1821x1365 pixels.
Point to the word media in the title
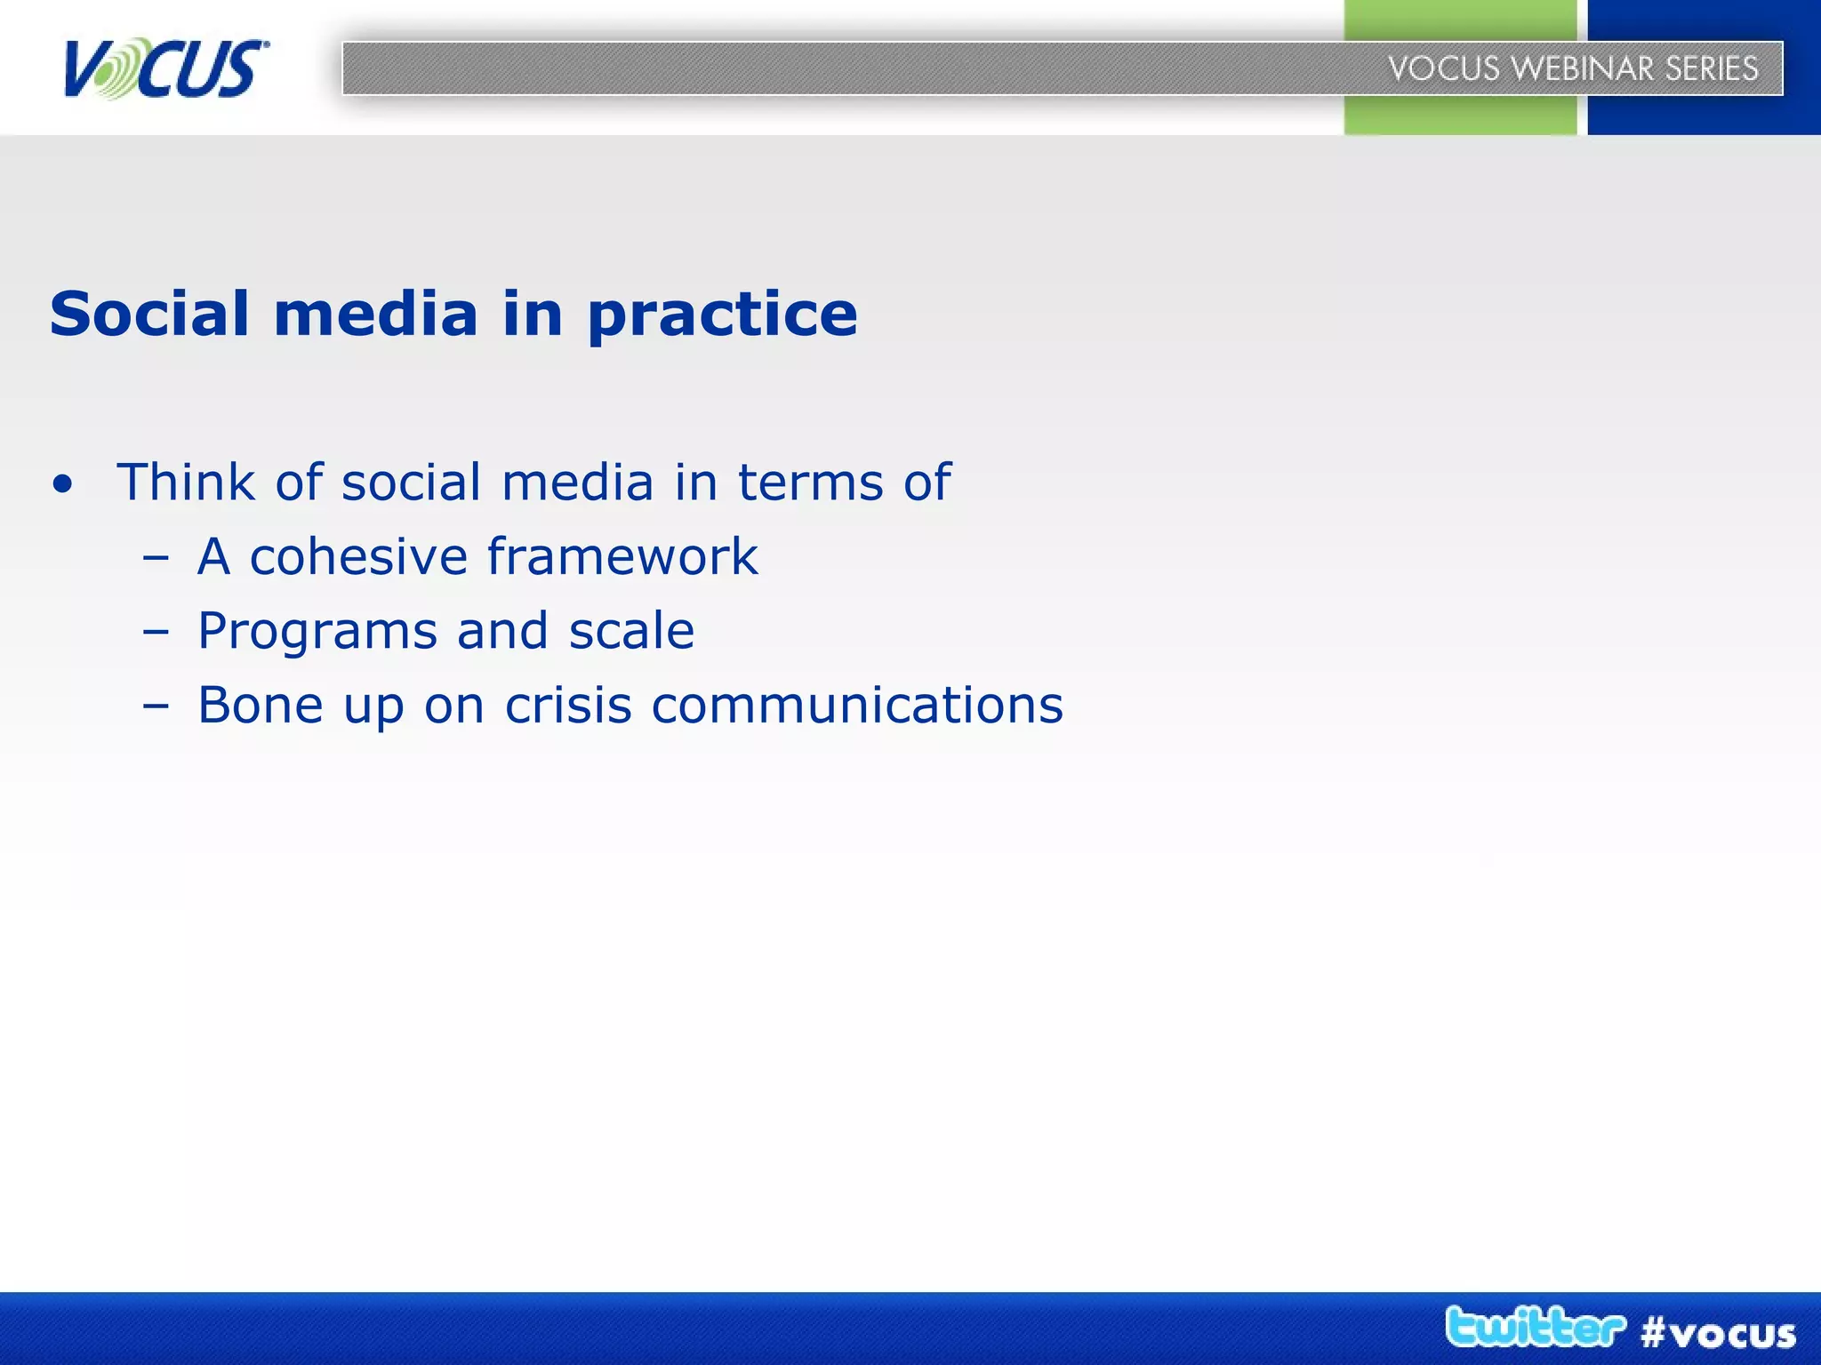pos(375,314)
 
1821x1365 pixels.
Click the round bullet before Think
pos(62,485)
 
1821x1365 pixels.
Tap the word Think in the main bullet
pos(186,482)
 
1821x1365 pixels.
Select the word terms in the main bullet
pos(810,483)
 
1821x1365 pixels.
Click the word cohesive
pos(358,557)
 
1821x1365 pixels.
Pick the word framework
pos(622,557)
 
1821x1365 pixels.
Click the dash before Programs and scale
pos(155,633)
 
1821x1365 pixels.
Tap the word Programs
pos(317,633)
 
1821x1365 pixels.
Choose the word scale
pos(631,631)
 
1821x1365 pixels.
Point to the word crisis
pos(568,706)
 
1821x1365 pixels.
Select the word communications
pos(857,706)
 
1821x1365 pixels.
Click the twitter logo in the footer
pos(1535,1328)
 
